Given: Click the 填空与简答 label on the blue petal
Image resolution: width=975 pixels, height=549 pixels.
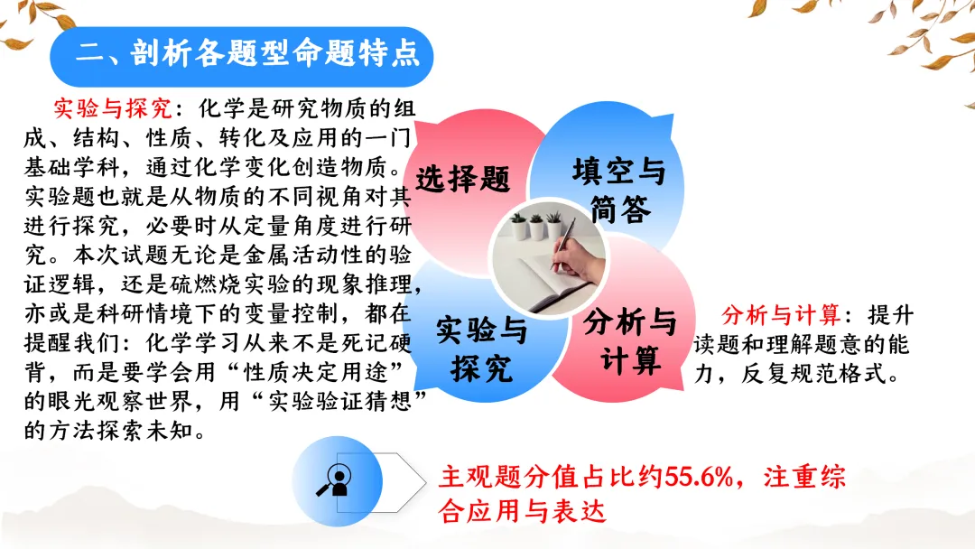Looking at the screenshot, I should pyautogui.click(x=618, y=189).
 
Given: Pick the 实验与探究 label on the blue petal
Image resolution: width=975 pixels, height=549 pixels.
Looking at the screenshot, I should pyautogui.click(x=481, y=349).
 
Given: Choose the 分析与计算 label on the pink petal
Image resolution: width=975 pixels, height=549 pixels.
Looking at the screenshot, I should pyautogui.click(x=630, y=340).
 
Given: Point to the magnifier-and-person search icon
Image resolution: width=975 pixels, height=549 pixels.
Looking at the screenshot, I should pyautogui.click(x=335, y=481).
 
